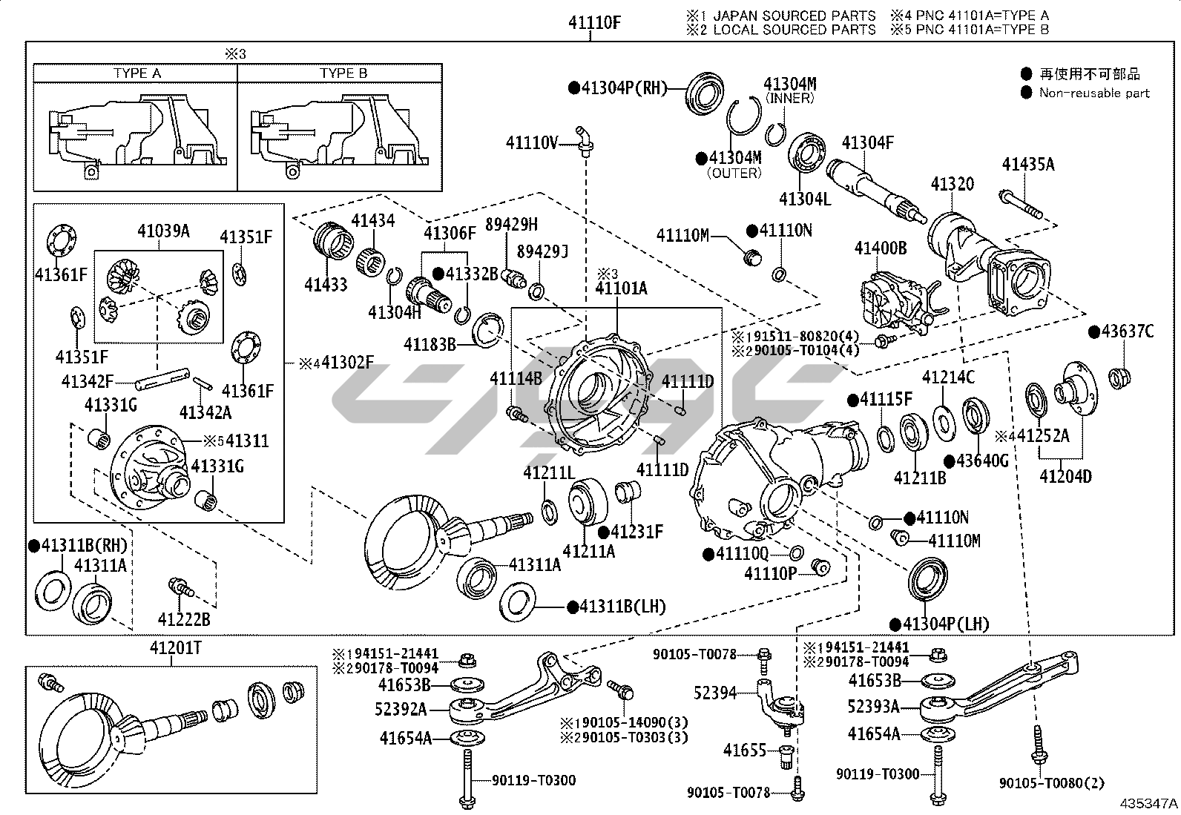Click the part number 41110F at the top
pos(594,23)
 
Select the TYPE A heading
pos(136,73)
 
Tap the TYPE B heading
pos(343,73)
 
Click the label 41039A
pos(163,231)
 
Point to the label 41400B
pos(880,248)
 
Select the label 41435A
pos(1027,165)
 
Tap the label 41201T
pos(176,647)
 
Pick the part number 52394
pos(715,693)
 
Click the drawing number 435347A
pos(1148,803)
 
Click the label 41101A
pos(621,288)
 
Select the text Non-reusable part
pos(1094,93)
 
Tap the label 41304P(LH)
pos(946,624)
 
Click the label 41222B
pos(183,618)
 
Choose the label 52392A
pos(401,710)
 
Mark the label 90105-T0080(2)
pos(1052,783)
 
